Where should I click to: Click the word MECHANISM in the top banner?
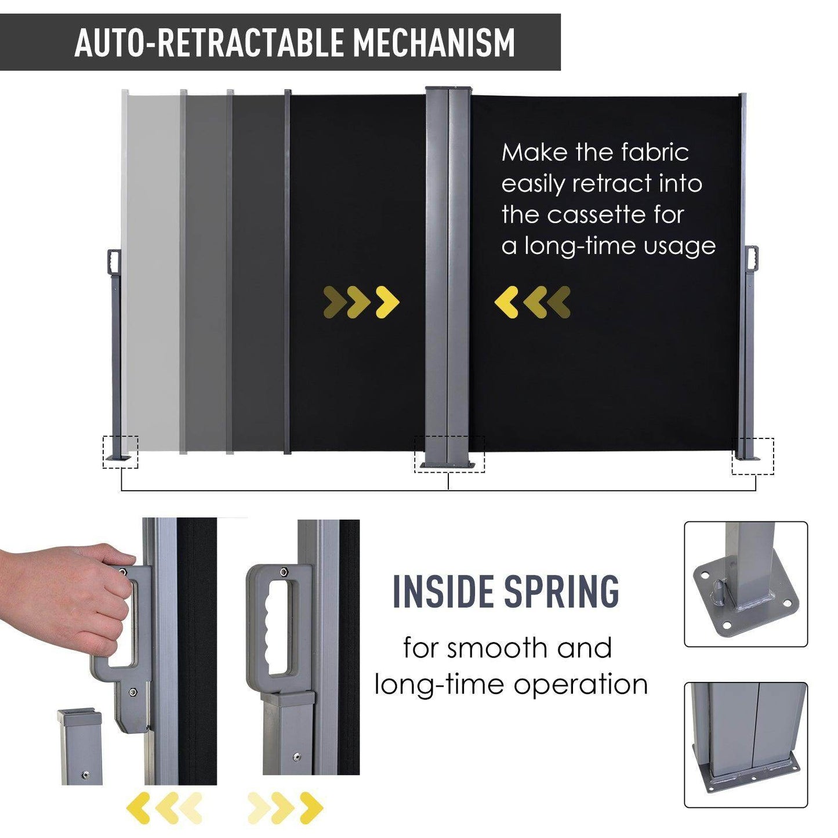pyautogui.click(x=434, y=42)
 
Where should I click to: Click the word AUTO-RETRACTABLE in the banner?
pyautogui.click(x=210, y=42)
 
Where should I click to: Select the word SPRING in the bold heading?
pyautogui.click(x=561, y=592)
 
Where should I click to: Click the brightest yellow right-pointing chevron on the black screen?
pyautogui.click(x=387, y=302)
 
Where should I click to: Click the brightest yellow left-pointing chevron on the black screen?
pyautogui.click(x=506, y=302)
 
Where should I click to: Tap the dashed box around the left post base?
pyautogui.click(x=121, y=452)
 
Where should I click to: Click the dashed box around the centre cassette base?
pyautogui.click(x=449, y=455)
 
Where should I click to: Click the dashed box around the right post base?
pyautogui.click(x=752, y=456)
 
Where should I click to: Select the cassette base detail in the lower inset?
pyautogui.click(x=746, y=745)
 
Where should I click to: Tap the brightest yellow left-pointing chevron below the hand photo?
pyautogui.click(x=139, y=808)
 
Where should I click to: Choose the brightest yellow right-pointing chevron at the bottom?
pyautogui.click(x=311, y=808)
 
